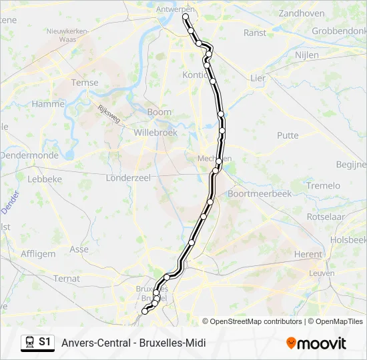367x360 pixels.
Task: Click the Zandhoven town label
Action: tap(301, 13)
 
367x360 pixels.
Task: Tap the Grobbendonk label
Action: tap(340, 31)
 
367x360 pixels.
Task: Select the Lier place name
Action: tap(258, 78)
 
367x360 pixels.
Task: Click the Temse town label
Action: tap(85, 83)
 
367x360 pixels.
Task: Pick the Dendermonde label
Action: tap(29, 155)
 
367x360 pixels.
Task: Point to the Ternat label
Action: tap(67, 278)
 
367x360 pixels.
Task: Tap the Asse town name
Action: tap(79, 249)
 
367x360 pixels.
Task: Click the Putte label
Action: tap(288, 135)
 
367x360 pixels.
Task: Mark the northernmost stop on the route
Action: tap(186, 17)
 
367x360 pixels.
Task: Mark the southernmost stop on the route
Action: tap(145, 311)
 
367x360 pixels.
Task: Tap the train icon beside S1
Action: tap(29, 343)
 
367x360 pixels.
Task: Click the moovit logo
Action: tap(317, 343)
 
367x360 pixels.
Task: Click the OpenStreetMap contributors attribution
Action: tap(256, 321)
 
